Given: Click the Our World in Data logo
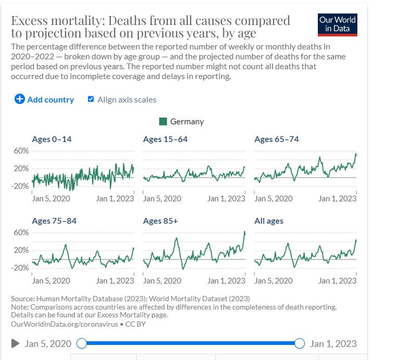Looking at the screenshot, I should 338,24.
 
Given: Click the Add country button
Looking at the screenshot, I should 45,99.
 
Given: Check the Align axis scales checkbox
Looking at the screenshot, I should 91,99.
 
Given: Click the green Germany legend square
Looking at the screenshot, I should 163,121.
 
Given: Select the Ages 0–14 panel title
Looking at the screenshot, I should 52,139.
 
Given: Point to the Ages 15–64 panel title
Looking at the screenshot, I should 165,139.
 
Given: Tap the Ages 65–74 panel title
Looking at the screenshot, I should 276,139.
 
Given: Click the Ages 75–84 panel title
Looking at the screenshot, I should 54,221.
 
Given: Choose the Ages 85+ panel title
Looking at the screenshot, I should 160,221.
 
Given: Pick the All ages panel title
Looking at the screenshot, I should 268,221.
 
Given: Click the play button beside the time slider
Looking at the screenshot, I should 16,343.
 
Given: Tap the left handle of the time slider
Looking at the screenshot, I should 81,343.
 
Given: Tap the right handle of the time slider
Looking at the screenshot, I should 299,343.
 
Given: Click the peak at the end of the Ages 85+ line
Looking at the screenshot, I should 244,232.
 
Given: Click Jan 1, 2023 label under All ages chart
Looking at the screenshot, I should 337,281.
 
